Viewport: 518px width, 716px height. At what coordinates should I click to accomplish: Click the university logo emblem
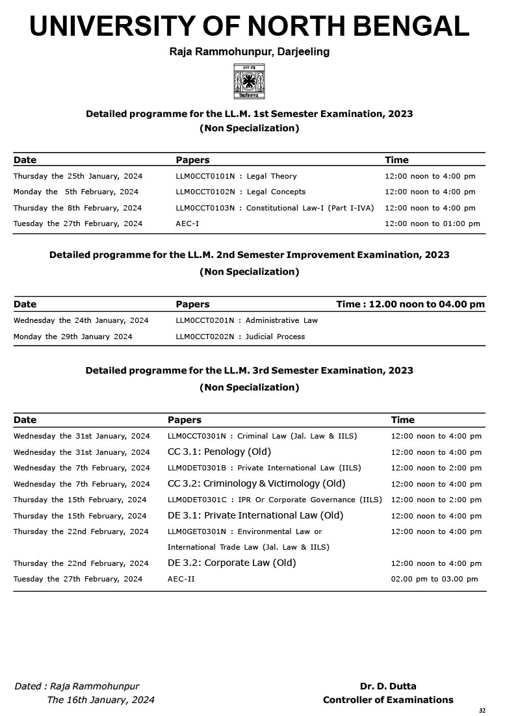point(250,81)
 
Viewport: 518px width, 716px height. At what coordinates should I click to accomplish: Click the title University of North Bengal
point(250,27)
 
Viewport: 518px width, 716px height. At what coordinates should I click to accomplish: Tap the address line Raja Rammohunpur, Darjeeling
point(250,52)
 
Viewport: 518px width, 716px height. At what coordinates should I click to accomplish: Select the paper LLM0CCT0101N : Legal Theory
point(236,176)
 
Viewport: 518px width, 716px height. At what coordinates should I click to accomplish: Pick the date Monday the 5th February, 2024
point(76,192)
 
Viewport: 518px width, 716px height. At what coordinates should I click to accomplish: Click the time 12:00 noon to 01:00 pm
point(432,224)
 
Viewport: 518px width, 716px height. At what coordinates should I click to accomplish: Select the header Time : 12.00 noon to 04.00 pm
point(410,304)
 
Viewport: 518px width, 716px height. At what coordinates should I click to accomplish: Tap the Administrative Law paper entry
point(246,320)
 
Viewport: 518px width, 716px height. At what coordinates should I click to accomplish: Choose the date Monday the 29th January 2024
point(73,337)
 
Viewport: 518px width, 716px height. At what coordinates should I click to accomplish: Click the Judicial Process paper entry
point(240,337)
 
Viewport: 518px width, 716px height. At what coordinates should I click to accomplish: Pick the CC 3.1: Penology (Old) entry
point(219,452)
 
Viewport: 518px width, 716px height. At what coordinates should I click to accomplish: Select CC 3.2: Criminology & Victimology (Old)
point(256,483)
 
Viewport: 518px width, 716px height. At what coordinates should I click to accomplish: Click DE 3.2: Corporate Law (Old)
point(231,563)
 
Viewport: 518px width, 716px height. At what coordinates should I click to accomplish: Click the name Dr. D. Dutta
point(388,686)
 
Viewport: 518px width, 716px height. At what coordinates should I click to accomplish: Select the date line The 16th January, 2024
point(101,700)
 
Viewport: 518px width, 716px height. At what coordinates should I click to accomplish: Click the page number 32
point(482,711)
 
